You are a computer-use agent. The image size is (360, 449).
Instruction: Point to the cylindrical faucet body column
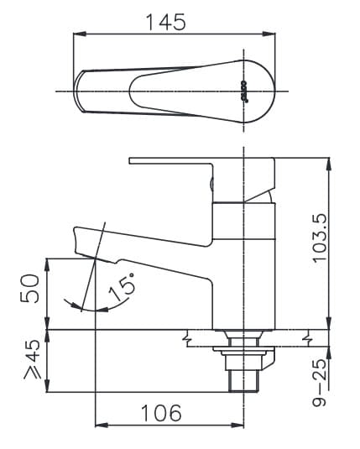tap(243, 260)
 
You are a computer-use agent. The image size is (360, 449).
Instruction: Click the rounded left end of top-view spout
tap(79, 90)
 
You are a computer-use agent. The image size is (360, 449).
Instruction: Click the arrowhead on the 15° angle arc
tap(79, 307)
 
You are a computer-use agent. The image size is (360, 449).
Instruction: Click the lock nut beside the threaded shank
tap(262, 361)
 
